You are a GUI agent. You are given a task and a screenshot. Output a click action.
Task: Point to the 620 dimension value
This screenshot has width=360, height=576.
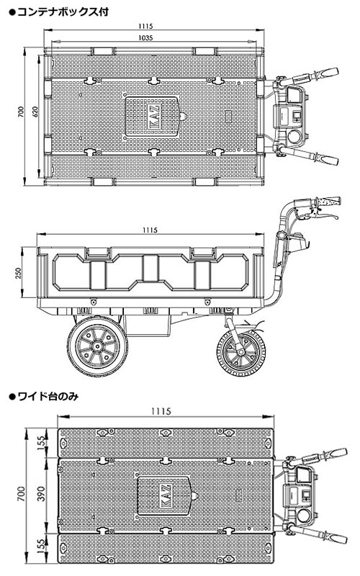click(35, 112)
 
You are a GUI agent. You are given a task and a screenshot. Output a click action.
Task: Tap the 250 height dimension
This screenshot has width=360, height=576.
click(19, 273)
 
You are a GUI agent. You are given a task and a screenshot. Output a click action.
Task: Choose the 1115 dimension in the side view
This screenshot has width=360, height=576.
click(150, 230)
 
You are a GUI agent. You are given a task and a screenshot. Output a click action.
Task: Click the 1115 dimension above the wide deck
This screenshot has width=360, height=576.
click(161, 410)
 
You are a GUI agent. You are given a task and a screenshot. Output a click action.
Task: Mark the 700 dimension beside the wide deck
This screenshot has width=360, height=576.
click(22, 493)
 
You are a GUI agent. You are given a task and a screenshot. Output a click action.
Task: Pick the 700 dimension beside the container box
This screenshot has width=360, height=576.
click(21, 112)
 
